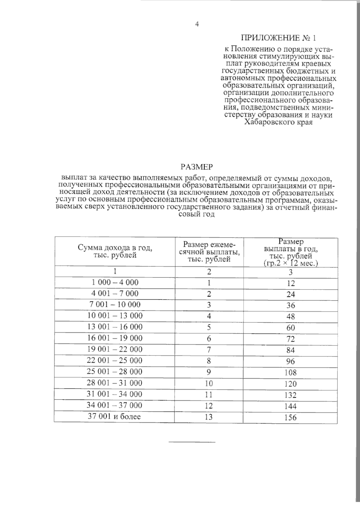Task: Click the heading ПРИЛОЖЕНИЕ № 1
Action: (279, 38)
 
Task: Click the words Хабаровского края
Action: (279, 122)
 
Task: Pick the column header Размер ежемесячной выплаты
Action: (209, 252)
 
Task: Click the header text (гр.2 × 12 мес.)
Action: (291, 263)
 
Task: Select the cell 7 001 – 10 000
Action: (115, 304)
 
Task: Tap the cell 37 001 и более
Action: (114, 416)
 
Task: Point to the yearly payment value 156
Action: (290, 418)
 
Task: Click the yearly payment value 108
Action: (290, 373)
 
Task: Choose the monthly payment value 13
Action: (209, 417)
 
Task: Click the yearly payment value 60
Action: (290, 328)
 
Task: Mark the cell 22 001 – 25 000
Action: (115, 360)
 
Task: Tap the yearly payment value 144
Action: (290, 406)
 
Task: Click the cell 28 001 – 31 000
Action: (115, 383)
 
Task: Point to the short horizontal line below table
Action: (192, 442)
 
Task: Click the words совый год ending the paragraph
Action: (197, 215)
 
